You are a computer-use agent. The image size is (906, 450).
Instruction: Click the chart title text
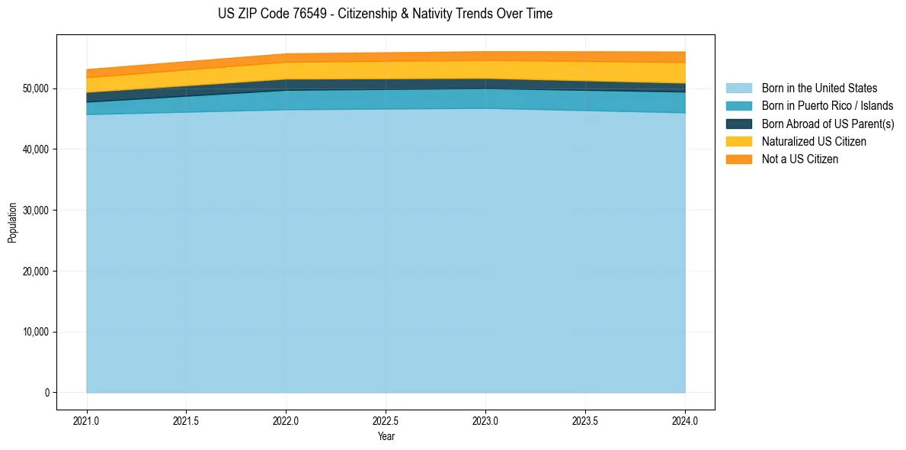click(x=385, y=14)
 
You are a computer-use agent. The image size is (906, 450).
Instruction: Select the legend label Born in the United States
click(x=819, y=88)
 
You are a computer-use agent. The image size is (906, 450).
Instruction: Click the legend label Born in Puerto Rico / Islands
click(x=828, y=106)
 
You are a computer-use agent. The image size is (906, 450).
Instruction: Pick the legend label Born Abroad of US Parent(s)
click(x=828, y=124)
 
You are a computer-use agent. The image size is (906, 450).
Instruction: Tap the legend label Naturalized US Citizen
click(x=814, y=142)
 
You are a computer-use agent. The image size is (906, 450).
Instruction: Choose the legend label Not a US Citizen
click(x=799, y=159)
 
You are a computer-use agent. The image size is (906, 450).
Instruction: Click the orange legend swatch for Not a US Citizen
click(x=738, y=159)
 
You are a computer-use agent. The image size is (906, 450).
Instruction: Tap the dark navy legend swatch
click(x=738, y=124)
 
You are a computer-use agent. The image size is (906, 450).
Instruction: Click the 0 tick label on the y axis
click(x=46, y=393)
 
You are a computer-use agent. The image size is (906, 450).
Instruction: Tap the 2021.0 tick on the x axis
click(x=87, y=420)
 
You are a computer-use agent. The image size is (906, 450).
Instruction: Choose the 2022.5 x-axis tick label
click(x=386, y=420)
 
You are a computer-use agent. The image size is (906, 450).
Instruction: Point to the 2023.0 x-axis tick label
click(x=486, y=420)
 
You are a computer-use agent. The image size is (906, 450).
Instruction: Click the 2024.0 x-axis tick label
click(x=686, y=420)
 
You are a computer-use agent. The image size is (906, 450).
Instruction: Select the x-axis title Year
click(x=386, y=437)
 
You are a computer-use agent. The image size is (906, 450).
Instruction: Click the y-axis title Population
click(x=12, y=223)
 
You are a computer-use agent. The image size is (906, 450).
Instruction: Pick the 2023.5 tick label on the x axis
click(x=586, y=420)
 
